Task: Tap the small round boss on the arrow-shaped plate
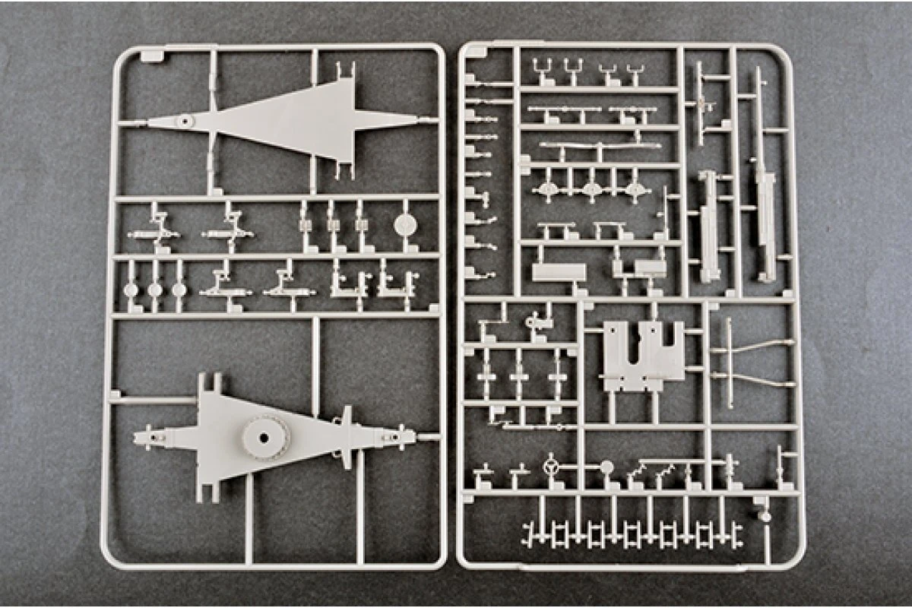pyautogui.click(x=183, y=121)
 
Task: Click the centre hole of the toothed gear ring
pyautogui.click(x=265, y=438)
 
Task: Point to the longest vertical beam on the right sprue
pyautogui.click(x=761, y=175)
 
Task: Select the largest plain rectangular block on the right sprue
pyautogui.click(x=559, y=273)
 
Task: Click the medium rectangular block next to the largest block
pyautogui.click(x=651, y=268)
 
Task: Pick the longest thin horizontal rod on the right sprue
pyautogui.click(x=600, y=145)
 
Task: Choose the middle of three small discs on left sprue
pyautogui.click(x=155, y=290)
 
